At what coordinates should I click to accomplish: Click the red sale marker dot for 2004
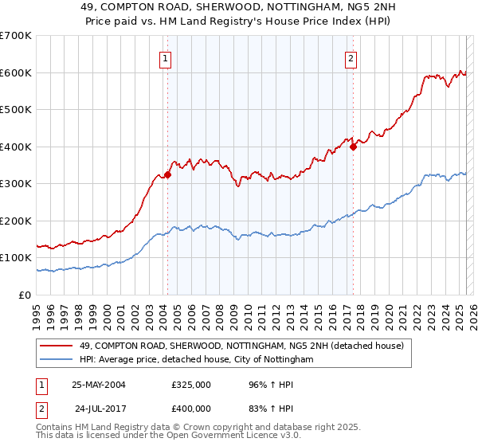click(168, 174)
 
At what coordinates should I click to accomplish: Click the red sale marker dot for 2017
click(353, 147)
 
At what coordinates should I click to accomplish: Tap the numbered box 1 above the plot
click(165, 57)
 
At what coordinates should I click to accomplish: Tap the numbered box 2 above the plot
click(351, 57)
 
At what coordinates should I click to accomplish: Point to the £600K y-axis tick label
click(15, 72)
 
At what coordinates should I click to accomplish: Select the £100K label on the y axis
click(15, 258)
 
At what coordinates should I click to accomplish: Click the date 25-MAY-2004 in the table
click(99, 385)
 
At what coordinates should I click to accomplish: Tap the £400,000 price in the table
click(191, 409)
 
